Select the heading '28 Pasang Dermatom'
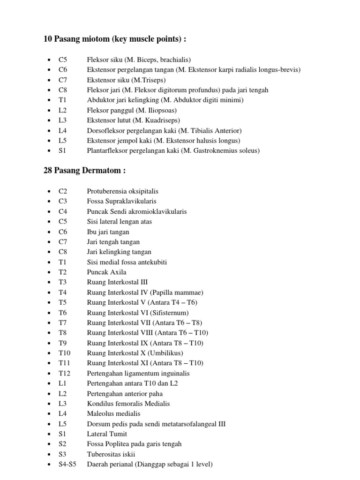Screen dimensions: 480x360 pyautogui.click(x=84, y=171)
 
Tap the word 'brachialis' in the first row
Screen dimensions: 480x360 pyautogui.click(x=172, y=60)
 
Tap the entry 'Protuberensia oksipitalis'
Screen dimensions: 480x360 pyautogui.click(x=123, y=191)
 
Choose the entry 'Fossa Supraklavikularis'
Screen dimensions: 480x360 pyautogui.click(x=122, y=201)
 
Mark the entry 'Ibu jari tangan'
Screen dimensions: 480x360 pyautogui.click(x=108, y=232)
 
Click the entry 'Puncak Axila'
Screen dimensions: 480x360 pyautogui.click(x=106, y=272)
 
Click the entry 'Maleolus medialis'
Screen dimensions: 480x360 pyautogui.click(x=113, y=413)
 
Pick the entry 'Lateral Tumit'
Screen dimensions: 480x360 pyautogui.click(x=107, y=434)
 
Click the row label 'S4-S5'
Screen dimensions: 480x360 pyautogui.click(x=68, y=464)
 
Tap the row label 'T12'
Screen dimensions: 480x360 pyautogui.click(x=65, y=373)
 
